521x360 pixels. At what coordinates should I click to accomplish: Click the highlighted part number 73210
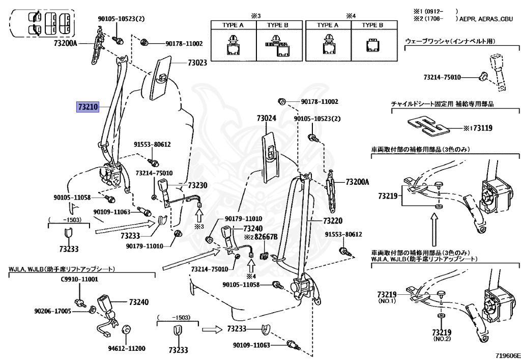87,107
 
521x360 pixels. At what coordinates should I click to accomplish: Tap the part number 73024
266,118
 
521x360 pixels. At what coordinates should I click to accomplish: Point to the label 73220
333,221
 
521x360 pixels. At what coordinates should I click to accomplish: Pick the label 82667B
266,237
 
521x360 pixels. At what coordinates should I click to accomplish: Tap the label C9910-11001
79,280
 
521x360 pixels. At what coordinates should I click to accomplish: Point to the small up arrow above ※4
251,265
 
